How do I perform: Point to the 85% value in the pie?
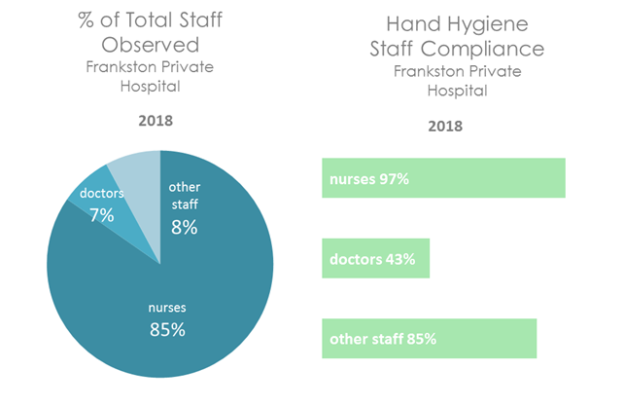click(160, 329)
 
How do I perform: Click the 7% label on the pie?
click(102, 215)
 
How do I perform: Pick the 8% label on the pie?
click(184, 227)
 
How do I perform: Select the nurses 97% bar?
click(443, 179)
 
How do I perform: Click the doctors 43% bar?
click(375, 259)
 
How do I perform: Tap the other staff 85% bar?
click(429, 339)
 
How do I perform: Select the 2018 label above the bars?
click(445, 126)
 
